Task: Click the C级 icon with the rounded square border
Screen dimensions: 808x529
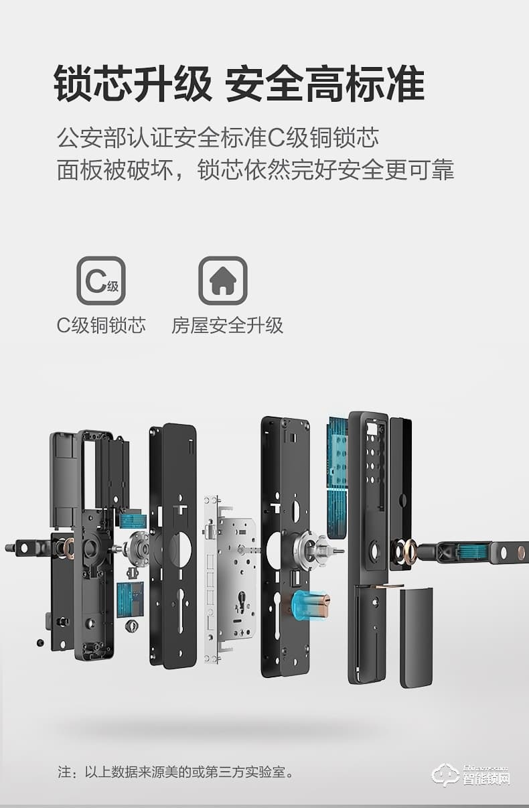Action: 101,281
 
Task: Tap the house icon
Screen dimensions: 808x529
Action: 222,281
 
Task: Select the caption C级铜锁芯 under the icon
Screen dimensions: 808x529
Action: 101,326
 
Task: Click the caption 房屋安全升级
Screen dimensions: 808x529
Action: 228,326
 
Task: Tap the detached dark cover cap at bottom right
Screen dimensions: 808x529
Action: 416,636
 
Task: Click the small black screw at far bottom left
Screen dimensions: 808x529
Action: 40,643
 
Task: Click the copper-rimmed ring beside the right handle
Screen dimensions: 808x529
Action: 408,551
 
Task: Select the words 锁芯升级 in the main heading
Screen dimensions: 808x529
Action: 132,84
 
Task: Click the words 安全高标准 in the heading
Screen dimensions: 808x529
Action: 325,84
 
